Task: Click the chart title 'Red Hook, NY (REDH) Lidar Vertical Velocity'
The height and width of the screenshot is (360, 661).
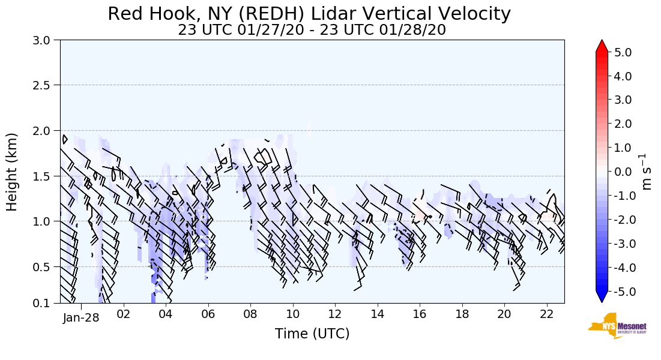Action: (309, 14)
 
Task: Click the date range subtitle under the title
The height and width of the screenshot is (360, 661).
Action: (312, 30)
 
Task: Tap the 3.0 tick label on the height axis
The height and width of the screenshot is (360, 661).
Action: (43, 40)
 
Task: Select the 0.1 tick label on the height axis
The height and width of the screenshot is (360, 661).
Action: (43, 304)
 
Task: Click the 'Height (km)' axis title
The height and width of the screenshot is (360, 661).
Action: (12, 172)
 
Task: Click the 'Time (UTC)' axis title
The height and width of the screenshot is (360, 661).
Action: (312, 334)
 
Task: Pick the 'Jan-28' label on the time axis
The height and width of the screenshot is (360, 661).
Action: (81, 317)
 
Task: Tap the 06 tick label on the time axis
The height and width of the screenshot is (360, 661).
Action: (208, 314)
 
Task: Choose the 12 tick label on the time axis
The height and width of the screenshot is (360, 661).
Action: (335, 314)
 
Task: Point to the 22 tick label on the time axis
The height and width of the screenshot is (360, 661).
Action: (546, 314)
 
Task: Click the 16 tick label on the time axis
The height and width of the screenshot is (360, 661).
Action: (420, 314)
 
